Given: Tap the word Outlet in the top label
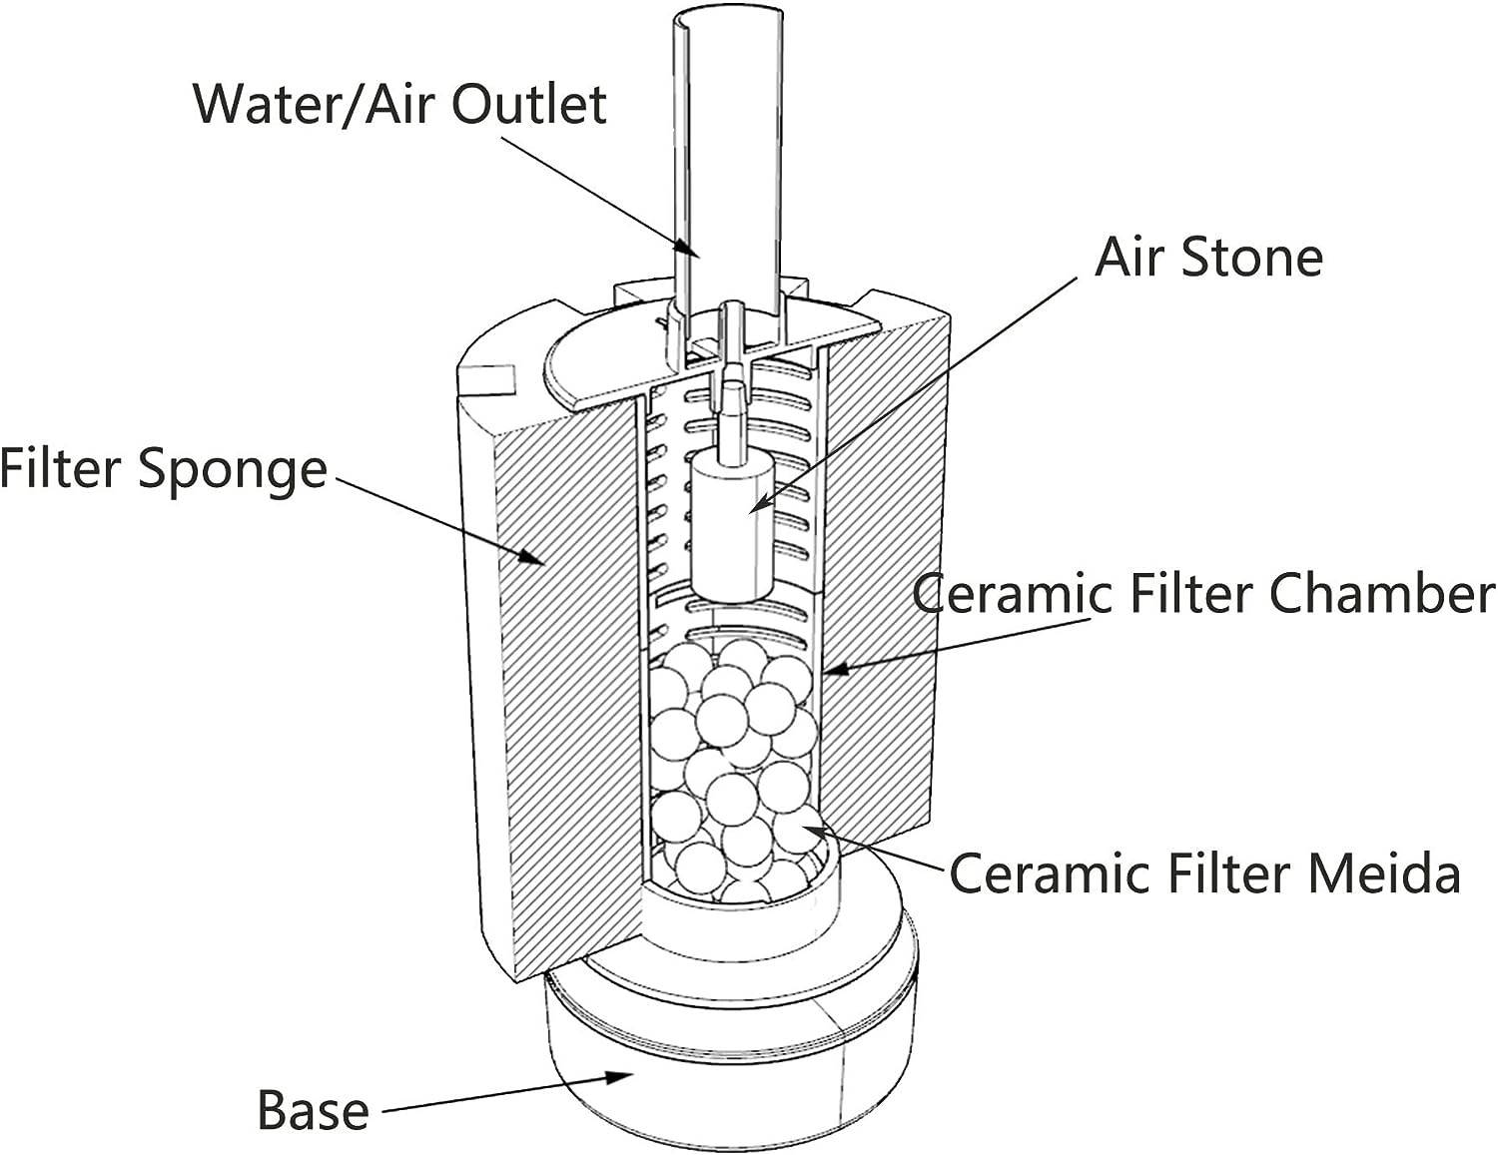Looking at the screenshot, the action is click(529, 105).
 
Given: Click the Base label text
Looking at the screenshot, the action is click(314, 1109).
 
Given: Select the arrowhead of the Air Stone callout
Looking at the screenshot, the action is click(760, 503).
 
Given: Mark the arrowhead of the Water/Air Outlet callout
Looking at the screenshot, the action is click(688, 250).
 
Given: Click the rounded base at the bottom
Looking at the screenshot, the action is click(731, 1047).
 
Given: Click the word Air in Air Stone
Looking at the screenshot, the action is click(1130, 257).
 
